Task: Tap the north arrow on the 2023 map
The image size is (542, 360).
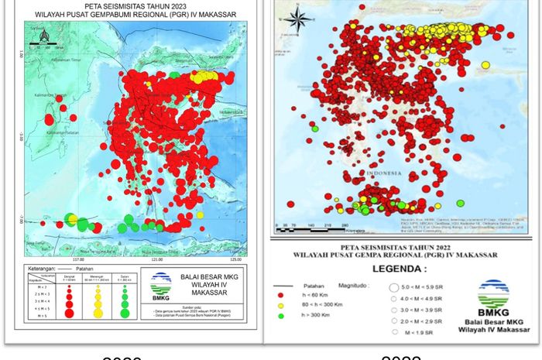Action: [43, 36]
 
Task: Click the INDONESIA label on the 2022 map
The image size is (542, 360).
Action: [385, 174]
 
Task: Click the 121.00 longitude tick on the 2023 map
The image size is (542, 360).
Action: [159, 259]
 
